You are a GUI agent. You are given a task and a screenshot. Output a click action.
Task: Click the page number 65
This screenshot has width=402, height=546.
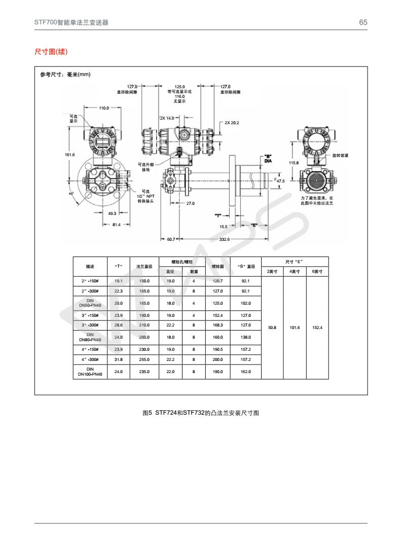pos(363,22)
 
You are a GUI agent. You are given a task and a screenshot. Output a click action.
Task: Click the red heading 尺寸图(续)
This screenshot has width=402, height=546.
pos(51,52)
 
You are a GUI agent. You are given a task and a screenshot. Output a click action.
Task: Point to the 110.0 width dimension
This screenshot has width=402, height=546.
pos(104,108)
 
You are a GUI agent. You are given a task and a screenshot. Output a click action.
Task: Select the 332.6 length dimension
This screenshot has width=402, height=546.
pos(225,239)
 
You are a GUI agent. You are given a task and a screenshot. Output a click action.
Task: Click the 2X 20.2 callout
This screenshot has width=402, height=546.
pos(232,123)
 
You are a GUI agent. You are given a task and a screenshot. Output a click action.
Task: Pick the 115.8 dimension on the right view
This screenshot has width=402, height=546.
pos(294,163)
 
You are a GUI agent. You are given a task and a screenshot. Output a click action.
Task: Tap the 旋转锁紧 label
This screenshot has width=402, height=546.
pos(340,155)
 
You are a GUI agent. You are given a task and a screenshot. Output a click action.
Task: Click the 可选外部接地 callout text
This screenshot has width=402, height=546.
pos(145,167)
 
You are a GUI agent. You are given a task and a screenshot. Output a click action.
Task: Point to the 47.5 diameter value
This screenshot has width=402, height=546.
pos(280,180)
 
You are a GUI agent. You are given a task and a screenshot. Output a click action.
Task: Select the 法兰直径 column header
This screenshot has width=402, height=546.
pos(144,266)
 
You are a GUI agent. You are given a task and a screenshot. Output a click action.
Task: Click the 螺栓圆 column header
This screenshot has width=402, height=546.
pos(218,266)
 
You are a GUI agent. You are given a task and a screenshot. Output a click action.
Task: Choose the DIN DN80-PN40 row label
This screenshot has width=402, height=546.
pos(90,337)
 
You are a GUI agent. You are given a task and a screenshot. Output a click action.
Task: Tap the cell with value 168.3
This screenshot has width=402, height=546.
pos(218,325)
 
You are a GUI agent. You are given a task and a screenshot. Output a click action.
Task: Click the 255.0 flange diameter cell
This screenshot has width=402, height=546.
pos(144,359)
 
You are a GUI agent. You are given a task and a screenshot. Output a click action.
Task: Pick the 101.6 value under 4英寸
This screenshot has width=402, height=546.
pos(295,327)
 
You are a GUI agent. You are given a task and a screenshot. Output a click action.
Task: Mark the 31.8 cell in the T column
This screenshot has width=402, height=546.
pos(118,359)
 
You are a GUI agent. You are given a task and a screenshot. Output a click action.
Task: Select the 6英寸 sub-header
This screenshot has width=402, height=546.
pos(317,272)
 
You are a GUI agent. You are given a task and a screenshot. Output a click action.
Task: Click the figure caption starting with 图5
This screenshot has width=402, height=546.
pos(201,413)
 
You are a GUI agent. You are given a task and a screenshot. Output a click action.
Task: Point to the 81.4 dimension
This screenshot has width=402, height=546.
pos(116,225)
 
